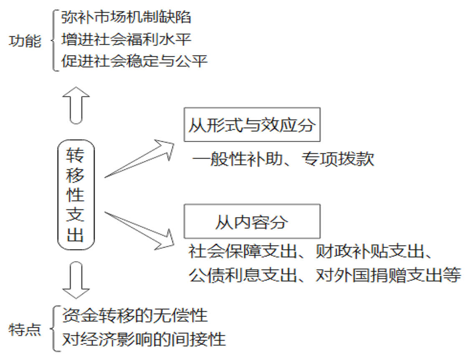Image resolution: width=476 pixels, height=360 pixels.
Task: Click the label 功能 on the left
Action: (x=25, y=41)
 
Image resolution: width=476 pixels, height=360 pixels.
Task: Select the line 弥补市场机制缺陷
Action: (x=126, y=18)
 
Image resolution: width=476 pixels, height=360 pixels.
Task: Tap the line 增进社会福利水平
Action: (x=126, y=40)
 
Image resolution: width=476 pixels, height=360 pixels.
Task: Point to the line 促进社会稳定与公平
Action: (x=134, y=62)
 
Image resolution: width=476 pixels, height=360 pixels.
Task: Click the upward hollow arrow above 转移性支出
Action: (x=76, y=104)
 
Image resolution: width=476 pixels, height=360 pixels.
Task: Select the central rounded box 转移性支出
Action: (x=76, y=195)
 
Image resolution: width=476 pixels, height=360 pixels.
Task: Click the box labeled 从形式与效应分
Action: (x=252, y=125)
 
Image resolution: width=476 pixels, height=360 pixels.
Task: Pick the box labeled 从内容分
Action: (x=252, y=221)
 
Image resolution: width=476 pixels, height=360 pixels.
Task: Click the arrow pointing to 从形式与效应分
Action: (x=142, y=159)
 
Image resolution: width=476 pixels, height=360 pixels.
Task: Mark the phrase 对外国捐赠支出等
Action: (x=388, y=275)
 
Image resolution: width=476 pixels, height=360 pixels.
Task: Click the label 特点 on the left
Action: (x=25, y=330)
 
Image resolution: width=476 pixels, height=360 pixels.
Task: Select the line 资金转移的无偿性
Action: (x=134, y=315)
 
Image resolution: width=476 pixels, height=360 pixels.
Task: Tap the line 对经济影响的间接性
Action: (x=144, y=339)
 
